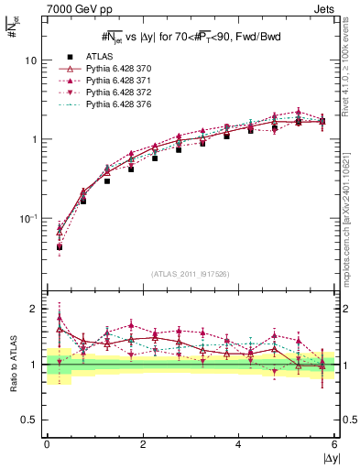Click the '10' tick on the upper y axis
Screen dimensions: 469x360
[x=30, y=60]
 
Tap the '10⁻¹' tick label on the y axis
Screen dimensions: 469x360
[x=27, y=218]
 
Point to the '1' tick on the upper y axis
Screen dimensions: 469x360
[x=33, y=139]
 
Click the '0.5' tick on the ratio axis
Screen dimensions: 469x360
[x=28, y=420]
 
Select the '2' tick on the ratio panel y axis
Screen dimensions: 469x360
[x=33, y=309]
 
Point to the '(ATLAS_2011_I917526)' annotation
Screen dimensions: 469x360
[x=191, y=274]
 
